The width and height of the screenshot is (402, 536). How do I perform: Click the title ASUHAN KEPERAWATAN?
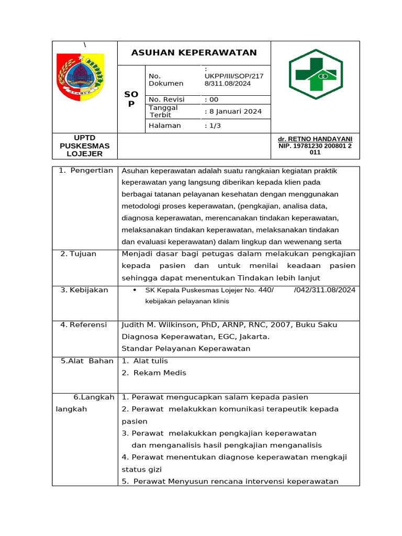[x=194, y=52]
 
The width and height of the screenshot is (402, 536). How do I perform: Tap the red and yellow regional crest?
[x=80, y=77]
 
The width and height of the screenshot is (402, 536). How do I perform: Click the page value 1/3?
[x=214, y=126]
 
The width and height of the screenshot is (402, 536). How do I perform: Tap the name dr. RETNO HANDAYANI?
[x=315, y=139]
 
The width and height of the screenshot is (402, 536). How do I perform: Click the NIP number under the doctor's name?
[x=315, y=149]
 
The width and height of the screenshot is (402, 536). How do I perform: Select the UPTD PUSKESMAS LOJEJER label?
[x=85, y=146]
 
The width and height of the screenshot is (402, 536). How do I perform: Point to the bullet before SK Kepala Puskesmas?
[x=135, y=290]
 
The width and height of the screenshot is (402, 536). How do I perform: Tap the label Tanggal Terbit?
[x=164, y=111]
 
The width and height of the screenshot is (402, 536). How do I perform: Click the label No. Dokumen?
[x=166, y=80]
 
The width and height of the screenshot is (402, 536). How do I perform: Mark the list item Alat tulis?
[x=151, y=361]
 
